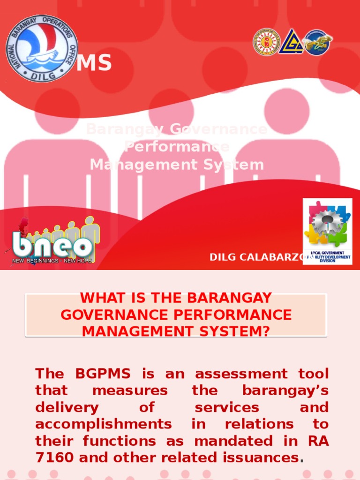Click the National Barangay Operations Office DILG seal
[x=42, y=48]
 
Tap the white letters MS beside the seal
[x=94, y=63]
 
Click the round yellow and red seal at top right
[x=267, y=42]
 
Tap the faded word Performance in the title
[x=177, y=147]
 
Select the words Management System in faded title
[x=177, y=165]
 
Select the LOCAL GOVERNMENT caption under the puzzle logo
[x=327, y=253]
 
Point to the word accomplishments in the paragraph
[x=103, y=424]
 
